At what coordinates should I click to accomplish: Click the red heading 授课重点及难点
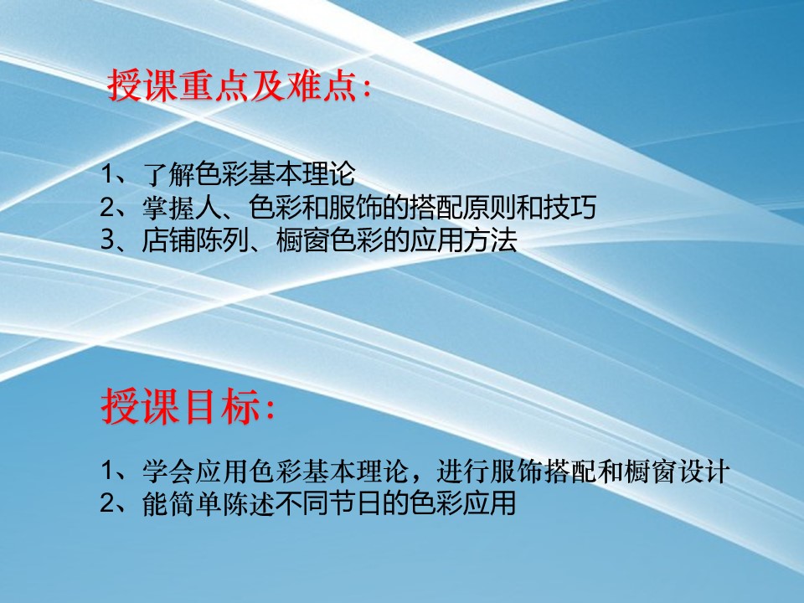tap(232, 85)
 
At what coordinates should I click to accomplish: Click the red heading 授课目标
tap(181, 406)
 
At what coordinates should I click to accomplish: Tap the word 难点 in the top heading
tap(321, 85)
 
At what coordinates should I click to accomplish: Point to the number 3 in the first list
tap(107, 240)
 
